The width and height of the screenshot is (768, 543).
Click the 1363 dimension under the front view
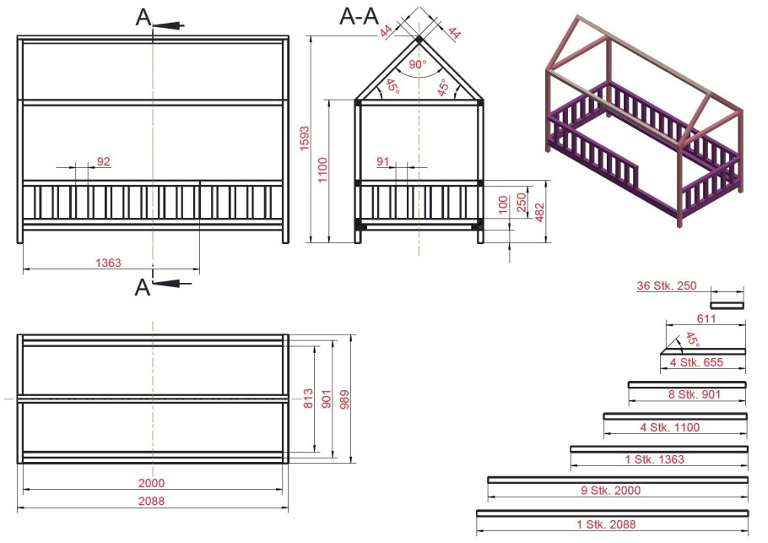click(x=108, y=263)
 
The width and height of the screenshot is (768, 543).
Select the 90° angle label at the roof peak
click(x=418, y=64)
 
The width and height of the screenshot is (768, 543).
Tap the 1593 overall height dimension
click(x=305, y=138)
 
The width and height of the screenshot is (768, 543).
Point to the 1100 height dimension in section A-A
click(x=322, y=170)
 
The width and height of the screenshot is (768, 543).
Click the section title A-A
click(x=359, y=17)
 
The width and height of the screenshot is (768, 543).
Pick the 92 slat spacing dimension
click(x=103, y=161)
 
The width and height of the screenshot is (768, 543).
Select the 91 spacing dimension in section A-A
click(x=383, y=161)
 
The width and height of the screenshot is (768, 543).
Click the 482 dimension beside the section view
click(x=539, y=212)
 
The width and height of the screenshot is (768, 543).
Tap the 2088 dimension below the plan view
click(x=151, y=501)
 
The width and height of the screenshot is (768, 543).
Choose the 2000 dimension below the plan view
click(x=151, y=483)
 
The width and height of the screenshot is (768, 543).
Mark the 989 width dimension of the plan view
click(x=344, y=400)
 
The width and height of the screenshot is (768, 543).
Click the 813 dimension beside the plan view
click(x=308, y=399)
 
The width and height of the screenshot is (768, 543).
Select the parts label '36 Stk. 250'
click(x=667, y=285)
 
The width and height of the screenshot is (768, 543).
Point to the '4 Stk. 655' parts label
click(x=696, y=362)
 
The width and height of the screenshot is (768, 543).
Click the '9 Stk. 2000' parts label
click(x=611, y=490)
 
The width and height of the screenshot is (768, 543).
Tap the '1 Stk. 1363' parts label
click(x=654, y=459)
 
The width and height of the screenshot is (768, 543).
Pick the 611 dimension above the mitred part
click(x=706, y=318)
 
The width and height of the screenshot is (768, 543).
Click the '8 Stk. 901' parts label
click(x=695, y=394)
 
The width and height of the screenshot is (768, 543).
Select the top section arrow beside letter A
click(x=169, y=25)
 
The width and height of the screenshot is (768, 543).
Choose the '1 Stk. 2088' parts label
click(x=606, y=524)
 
